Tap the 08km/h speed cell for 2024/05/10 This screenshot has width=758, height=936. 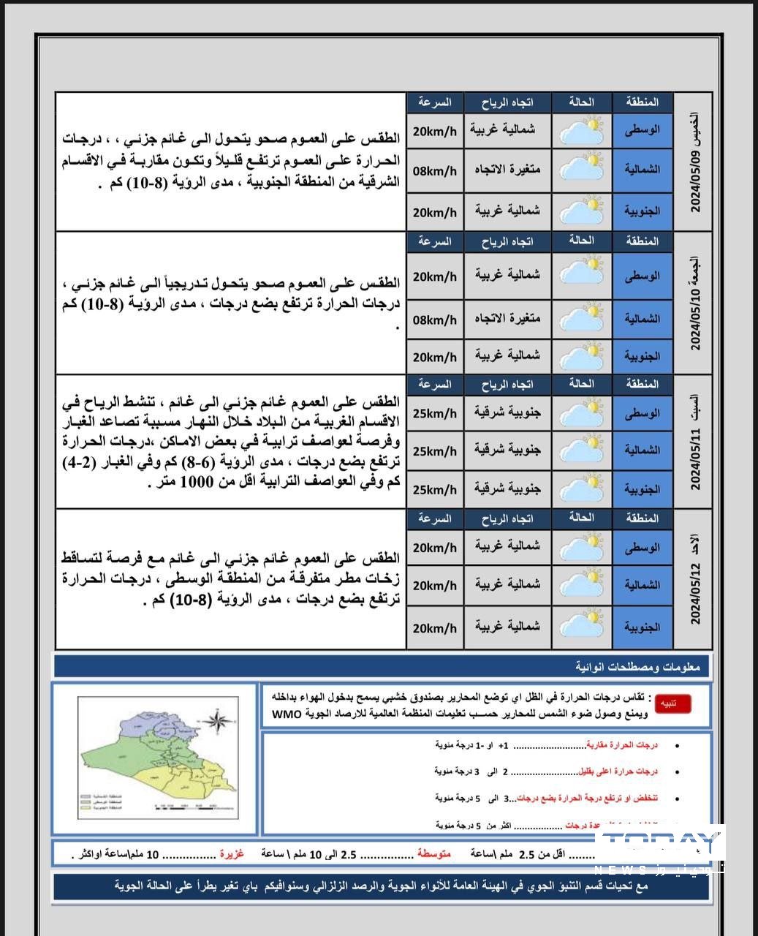tap(434, 320)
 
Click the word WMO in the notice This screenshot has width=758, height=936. tap(287, 714)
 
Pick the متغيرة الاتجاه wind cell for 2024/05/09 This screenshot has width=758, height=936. tap(507, 170)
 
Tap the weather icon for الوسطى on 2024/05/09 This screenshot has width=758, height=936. tap(582, 131)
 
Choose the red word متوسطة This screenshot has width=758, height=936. tap(434, 854)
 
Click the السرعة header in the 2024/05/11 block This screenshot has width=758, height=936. tap(434, 385)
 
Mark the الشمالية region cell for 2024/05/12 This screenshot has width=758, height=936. tap(642, 585)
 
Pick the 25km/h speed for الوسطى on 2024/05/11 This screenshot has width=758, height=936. tap(434, 414)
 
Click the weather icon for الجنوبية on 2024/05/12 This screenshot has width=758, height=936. tap(582, 627)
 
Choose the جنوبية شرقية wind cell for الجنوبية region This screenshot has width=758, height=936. tap(507, 488)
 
